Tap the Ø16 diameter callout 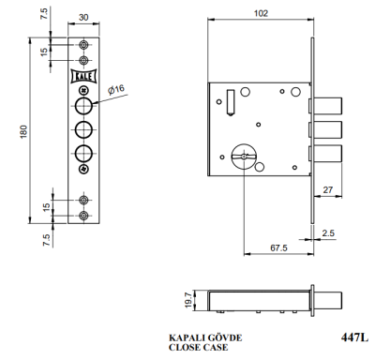tap(117, 89)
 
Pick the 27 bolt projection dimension tap(327, 188)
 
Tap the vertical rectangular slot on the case tap(228, 99)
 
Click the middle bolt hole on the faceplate tap(84, 129)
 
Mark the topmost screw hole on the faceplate tap(84, 45)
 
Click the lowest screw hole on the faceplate tap(84, 215)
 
